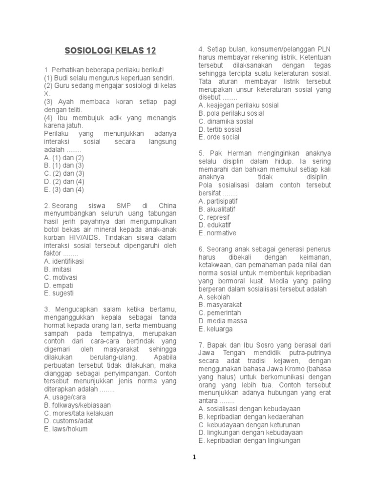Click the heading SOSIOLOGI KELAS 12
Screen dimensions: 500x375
click(111, 50)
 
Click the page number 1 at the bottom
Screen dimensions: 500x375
click(194, 457)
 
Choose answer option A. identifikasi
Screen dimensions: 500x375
click(63, 261)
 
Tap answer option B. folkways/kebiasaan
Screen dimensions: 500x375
click(77, 405)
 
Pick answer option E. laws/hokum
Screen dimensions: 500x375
click(66, 429)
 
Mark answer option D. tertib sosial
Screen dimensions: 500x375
click(220, 129)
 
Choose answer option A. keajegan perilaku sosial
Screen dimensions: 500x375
click(238, 105)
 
